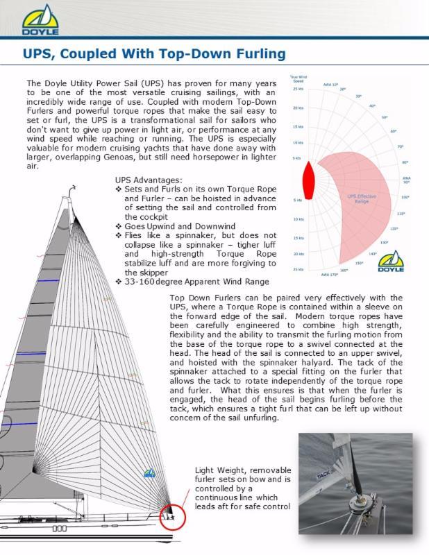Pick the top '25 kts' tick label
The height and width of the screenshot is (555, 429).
tap(298, 89)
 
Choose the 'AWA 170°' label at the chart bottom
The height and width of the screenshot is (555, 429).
tap(330, 275)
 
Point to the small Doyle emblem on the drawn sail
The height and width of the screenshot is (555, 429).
tap(149, 474)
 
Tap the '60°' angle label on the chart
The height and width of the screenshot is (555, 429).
tap(394, 130)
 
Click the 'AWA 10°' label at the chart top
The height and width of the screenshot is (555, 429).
tap(330, 84)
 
